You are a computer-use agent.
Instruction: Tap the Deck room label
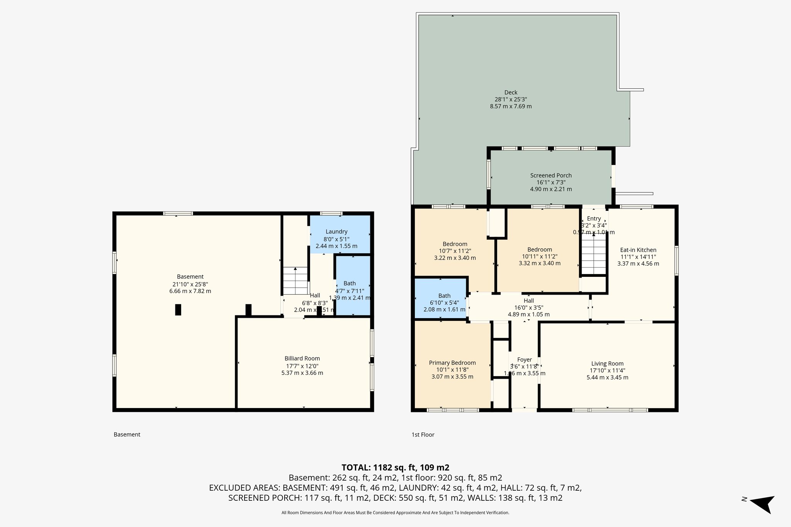(511, 92)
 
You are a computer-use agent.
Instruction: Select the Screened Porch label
(551, 175)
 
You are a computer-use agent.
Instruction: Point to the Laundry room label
(336, 232)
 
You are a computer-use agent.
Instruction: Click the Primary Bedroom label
(452, 363)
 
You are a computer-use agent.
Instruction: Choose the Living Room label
(607, 363)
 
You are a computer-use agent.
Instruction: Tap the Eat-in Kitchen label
(638, 250)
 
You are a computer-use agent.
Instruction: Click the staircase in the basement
(295, 281)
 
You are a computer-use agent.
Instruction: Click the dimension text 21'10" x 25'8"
(190, 284)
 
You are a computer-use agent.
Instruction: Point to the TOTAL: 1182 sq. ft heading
(395, 468)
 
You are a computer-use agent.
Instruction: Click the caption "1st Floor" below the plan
(423, 435)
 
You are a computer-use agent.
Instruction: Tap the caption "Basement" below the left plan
(127, 435)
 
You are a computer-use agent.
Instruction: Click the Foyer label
(525, 359)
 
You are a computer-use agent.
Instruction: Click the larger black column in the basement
(178, 310)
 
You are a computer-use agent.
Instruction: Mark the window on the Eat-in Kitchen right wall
(676, 261)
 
